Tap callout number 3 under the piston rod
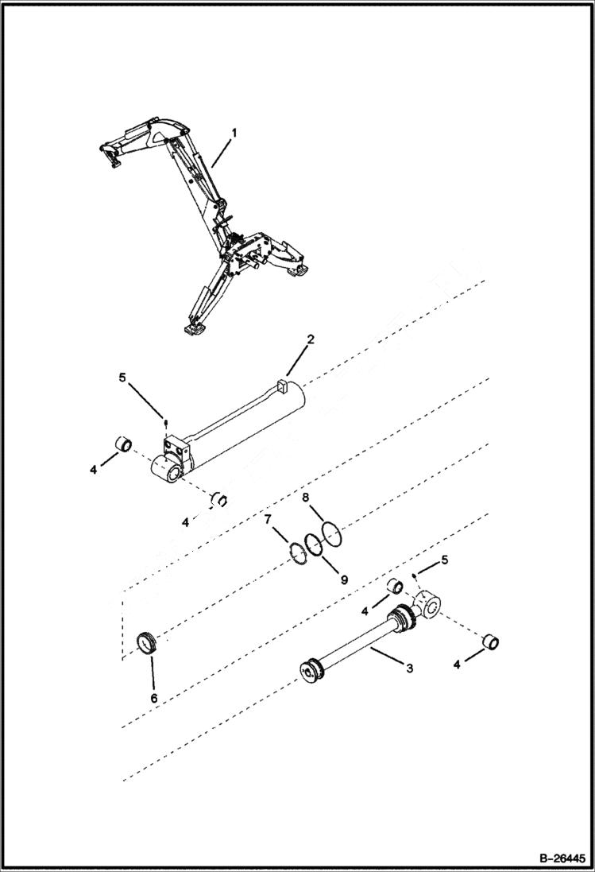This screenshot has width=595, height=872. tap(409, 669)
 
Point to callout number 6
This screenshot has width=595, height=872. tap(154, 698)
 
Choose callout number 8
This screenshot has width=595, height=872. tap(305, 498)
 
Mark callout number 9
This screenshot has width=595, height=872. tap(345, 580)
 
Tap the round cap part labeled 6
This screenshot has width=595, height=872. tap(145, 641)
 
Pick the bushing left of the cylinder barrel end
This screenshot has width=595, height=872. tap(125, 443)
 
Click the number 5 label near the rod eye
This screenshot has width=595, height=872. tap(444, 560)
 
